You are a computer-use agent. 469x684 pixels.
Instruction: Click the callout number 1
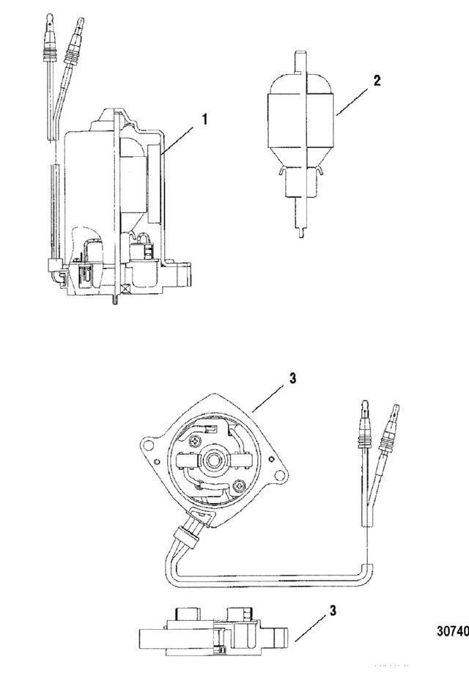[204, 119]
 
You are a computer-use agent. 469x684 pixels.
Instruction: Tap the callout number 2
[377, 81]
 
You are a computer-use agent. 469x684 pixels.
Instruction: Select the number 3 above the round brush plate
[292, 378]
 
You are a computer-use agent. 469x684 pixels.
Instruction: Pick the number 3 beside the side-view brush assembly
[333, 611]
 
